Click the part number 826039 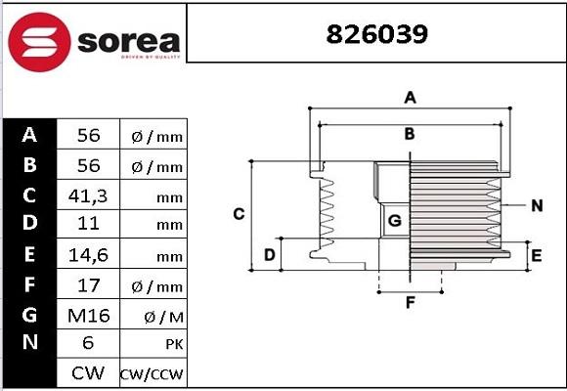coord(375,35)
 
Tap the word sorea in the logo coord(127,42)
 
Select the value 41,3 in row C coord(88,195)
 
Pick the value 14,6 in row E coord(88,256)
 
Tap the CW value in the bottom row coord(88,373)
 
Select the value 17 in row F coord(88,285)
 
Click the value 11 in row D coord(88,225)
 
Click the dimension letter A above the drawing coord(411,97)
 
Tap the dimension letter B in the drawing coord(411,133)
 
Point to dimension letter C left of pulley coord(238,214)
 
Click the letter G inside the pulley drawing coord(394,221)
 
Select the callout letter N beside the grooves coord(537,205)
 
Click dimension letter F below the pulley coord(411,302)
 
